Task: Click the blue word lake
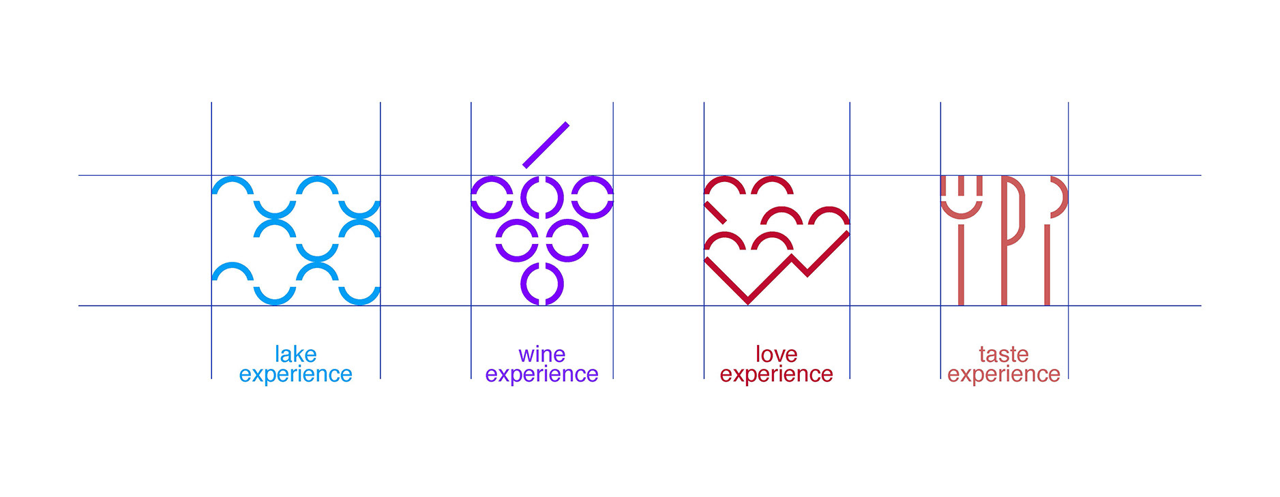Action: click(295, 355)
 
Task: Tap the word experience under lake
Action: click(295, 374)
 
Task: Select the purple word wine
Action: click(541, 355)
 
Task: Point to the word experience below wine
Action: click(541, 374)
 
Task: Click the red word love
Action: click(776, 355)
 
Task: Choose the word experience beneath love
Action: click(776, 374)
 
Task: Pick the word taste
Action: click(1003, 355)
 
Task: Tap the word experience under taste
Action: click(1003, 374)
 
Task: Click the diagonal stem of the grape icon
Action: click(546, 145)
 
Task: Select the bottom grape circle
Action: click(542, 284)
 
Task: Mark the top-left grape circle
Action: click(492, 197)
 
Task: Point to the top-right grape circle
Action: click(592, 197)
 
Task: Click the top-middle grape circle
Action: click(542, 197)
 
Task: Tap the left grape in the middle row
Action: click(517, 240)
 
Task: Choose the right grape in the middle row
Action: click(567, 240)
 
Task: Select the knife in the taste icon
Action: click(1005, 239)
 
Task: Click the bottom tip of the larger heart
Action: click(748, 299)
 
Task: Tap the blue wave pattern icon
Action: click(295, 240)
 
